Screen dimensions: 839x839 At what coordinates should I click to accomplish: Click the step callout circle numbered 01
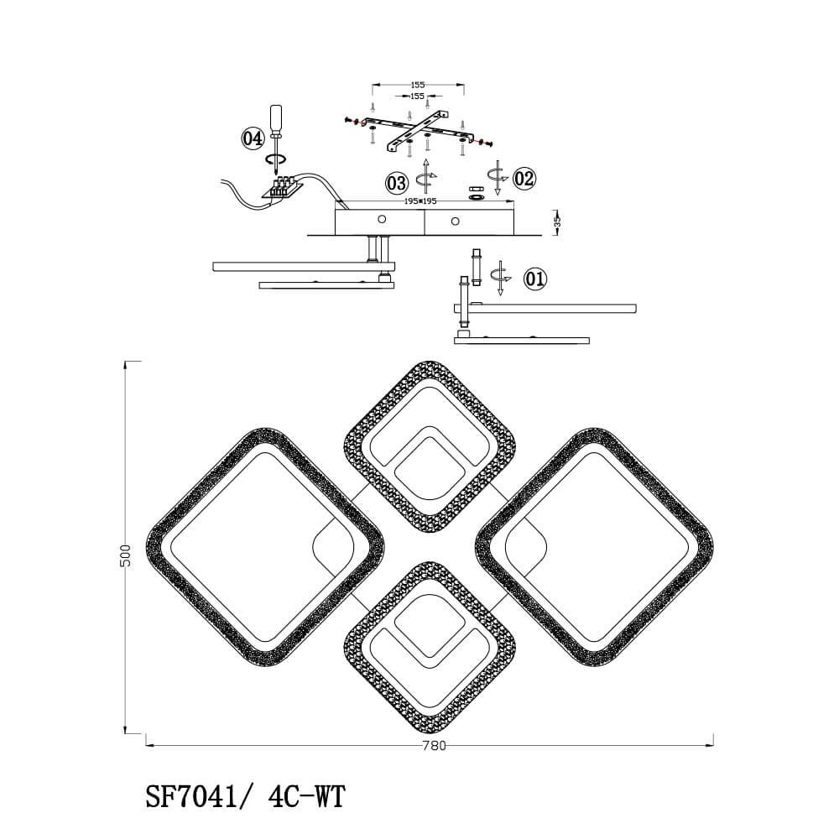[535, 279]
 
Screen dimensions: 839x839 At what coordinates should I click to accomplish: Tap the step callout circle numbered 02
[524, 178]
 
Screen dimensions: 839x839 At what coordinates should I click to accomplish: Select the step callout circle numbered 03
[397, 183]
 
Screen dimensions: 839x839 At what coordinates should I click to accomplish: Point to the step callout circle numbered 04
[253, 138]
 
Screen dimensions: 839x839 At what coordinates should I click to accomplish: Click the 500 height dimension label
[127, 555]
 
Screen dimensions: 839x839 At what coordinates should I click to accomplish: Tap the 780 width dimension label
[434, 745]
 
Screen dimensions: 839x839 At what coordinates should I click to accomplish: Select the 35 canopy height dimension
[556, 221]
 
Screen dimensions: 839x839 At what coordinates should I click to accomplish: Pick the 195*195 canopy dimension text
[421, 201]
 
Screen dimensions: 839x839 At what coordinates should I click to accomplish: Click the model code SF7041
[191, 797]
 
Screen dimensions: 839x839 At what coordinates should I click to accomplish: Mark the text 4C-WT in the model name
[306, 797]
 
